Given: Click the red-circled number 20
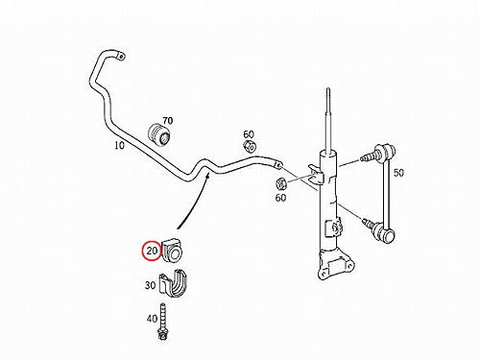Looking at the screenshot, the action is (x=152, y=251).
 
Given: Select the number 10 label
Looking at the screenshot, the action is (x=119, y=145).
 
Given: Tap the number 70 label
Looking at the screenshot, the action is (x=167, y=121).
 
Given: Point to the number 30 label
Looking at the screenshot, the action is (x=150, y=285).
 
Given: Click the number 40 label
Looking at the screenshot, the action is (x=152, y=319).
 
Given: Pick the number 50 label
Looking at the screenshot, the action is (x=398, y=173).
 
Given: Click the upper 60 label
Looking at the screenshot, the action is (x=249, y=134).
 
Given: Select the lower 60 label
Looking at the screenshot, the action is (x=280, y=198).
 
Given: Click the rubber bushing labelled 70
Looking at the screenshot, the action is (x=160, y=135).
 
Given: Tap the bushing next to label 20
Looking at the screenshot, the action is (x=172, y=250).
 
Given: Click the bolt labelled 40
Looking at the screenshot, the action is (x=163, y=322).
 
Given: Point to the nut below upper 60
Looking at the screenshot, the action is (x=250, y=147).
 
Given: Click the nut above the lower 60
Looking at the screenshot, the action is (x=281, y=183).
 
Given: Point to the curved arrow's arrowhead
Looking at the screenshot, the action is (x=207, y=175).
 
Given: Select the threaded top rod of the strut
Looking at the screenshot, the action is (x=327, y=122).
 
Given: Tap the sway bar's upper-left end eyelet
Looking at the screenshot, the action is (x=121, y=56).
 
